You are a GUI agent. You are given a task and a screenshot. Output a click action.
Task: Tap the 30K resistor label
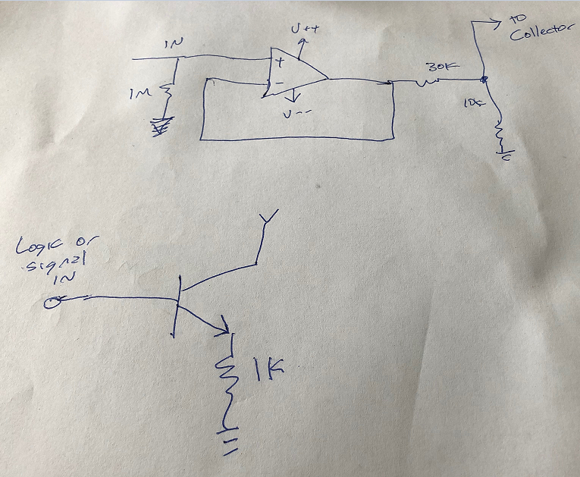click(440, 68)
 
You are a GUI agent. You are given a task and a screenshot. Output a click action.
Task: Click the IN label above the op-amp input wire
click(174, 45)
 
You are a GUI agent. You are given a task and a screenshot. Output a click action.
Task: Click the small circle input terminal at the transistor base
click(52, 303)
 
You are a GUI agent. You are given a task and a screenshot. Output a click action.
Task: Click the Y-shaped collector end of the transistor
click(266, 221)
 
